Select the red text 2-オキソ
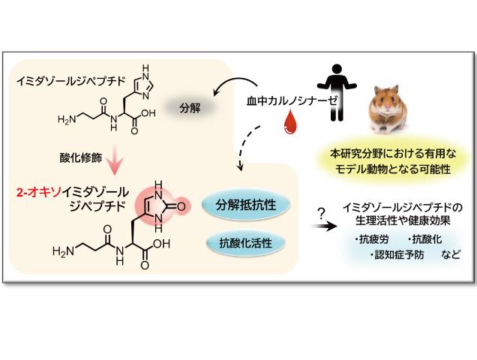35,191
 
